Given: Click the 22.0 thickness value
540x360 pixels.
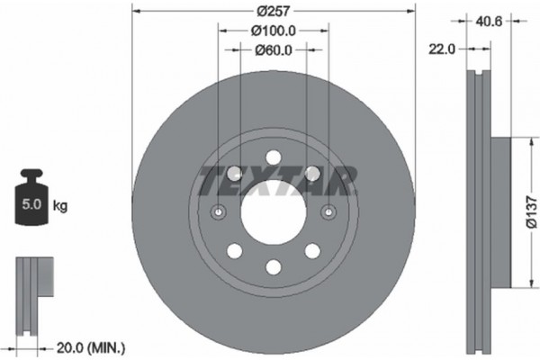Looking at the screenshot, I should pyautogui.click(x=444, y=51).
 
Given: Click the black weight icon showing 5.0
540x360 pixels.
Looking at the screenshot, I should pyautogui.click(x=31, y=199).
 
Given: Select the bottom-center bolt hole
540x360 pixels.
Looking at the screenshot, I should pyautogui.click(x=274, y=265).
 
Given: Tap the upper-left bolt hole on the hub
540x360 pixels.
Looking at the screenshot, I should pyautogui.click(x=235, y=173).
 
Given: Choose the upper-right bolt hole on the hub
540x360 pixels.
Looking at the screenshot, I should pyautogui.click(x=312, y=173).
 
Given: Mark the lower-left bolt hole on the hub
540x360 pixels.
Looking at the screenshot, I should pyautogui.click(x=235, y=250).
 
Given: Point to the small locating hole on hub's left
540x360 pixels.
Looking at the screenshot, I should pyautogui.click(x=219, y=212).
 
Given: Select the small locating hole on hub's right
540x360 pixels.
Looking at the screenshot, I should pyautogui.click(x=328, y=212).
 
